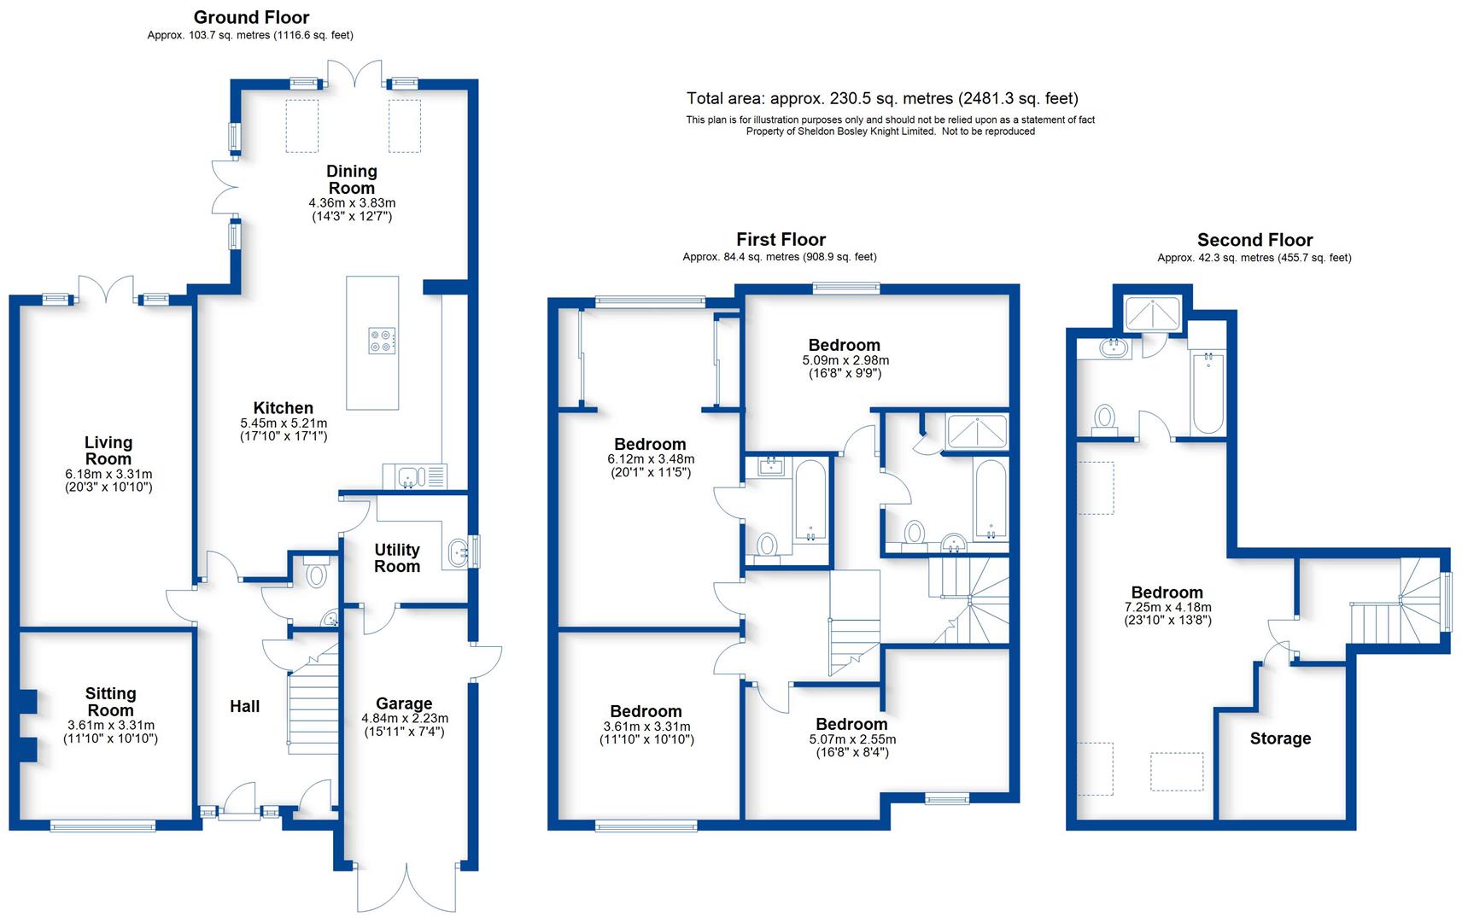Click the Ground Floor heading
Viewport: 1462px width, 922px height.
(251, 17)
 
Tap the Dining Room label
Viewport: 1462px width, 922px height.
(351, 179)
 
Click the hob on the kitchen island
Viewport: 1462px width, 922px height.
(382, 341)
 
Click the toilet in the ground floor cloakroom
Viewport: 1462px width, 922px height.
(316, 575)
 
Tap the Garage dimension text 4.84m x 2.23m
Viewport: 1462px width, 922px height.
(404, 719)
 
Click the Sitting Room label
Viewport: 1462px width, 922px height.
(110, 702)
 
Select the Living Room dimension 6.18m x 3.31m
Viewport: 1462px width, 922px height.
(108, 474)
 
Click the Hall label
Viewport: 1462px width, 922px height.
(244, 706)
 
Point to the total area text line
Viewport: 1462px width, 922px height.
(882, 98)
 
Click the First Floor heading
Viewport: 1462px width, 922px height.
(781, 240)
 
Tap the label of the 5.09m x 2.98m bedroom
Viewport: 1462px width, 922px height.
(844, 345)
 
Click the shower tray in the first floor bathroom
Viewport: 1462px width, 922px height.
(977, 432)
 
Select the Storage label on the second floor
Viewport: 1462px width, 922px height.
(1280, 738)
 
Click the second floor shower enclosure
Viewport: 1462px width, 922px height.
(1152, 313)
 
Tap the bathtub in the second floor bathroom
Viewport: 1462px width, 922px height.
(1208, 393)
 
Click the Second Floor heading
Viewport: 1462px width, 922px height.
(1254, 240)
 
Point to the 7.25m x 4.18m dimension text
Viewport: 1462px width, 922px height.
(1167, 607)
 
